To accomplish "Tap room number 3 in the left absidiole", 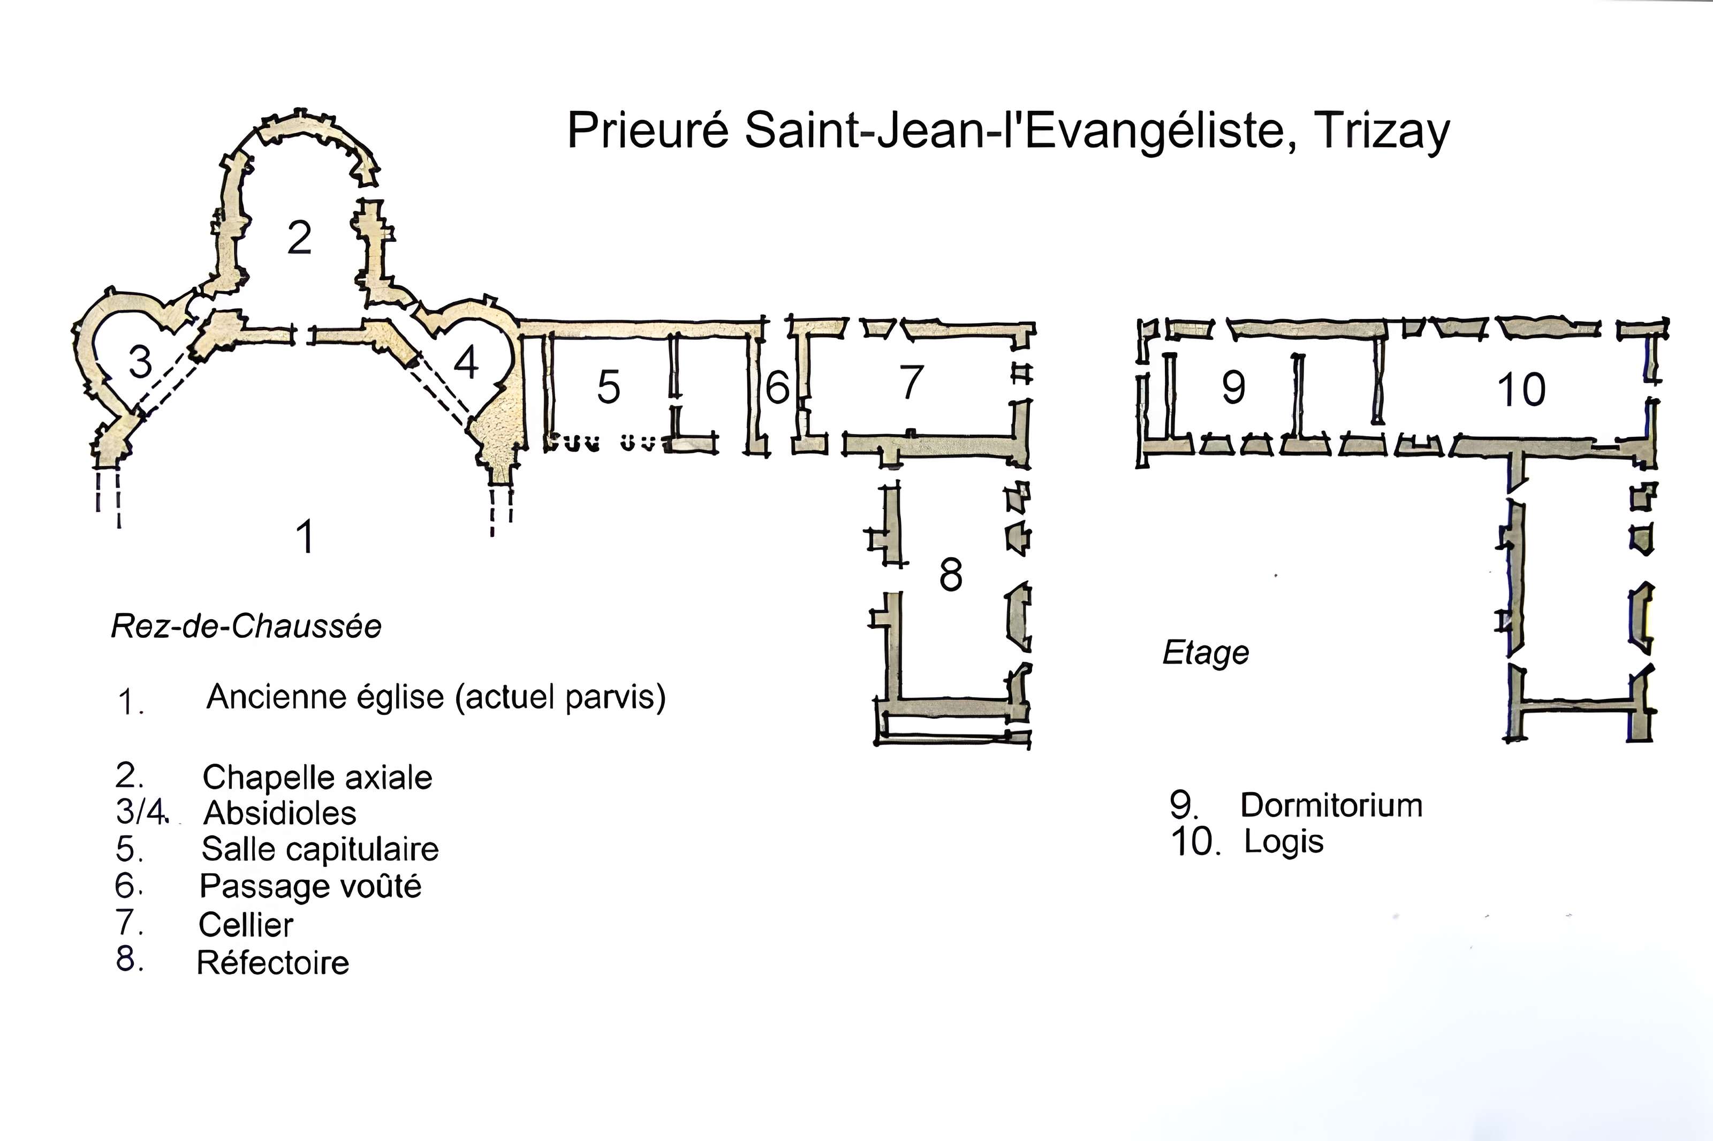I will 140,362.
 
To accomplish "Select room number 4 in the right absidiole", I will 466,362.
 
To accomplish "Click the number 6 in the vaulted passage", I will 777,386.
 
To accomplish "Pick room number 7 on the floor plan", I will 911,382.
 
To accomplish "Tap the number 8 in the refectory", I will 950,575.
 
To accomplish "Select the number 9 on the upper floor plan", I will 1233,386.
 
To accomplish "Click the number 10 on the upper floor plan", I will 1521,390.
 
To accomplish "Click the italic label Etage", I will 1205,653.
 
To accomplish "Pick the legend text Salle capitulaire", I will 320,849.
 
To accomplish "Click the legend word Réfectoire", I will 273,963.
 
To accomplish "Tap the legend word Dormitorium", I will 1331,805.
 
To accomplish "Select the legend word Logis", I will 1283,842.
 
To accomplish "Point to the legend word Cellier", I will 246,925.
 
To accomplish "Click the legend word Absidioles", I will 279,813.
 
